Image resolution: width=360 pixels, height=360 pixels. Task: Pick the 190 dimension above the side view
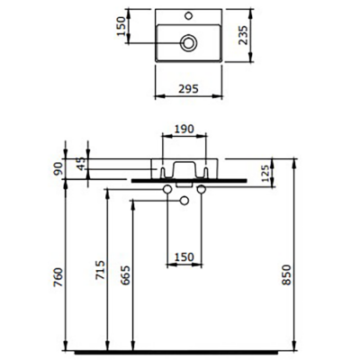click(184, 130)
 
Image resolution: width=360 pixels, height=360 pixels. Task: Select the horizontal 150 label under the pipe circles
click(184, 257)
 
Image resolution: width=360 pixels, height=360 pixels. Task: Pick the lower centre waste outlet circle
click(183, 200)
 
